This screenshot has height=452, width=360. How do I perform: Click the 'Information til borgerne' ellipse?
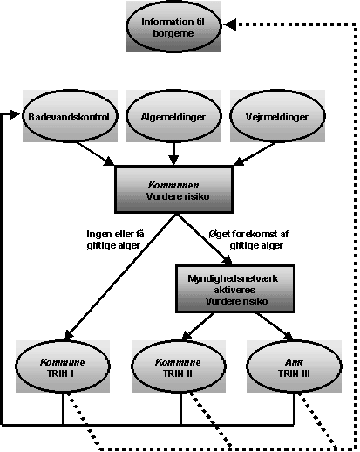pyautogui.click(x=173, y=27)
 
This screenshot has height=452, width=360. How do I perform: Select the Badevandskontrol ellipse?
pyautogui.click(x=70, y=116)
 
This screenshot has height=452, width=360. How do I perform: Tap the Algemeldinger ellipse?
pyautogui.click(x=173, y=116)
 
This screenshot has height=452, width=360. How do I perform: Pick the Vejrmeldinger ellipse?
pyautogui.click(x=277, y=116)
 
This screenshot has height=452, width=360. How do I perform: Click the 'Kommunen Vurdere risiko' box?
pyautogui.click(x=173, y=189)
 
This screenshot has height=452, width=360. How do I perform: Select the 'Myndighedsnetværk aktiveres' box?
pyautogui.click(x=235, y=289)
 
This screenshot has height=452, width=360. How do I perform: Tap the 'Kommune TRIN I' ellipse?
pyautogui.click(x=63, y=366)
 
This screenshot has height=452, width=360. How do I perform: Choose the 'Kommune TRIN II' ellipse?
pyautogui.click(x=179, y=366)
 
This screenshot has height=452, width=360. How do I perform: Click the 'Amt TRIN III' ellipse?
pyautogui.click(x=294, y=366)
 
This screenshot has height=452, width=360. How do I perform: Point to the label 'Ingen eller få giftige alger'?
pyautogui.click(x=115, y=240)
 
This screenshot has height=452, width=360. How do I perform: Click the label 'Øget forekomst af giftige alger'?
pyautogui.click(x=249, y=240)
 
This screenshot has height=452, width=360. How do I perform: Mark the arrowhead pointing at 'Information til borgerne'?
pyautogui.click(x=229, y=24)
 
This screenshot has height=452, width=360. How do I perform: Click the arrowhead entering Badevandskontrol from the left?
pyautogui.click(x=15, y=114)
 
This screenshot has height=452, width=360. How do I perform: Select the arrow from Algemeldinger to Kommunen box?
pyautogui.click(x=173, y=154)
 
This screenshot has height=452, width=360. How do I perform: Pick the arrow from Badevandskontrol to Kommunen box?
pyautogui.click(x=95, y=154)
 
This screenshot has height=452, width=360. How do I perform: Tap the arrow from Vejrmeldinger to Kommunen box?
pyautogui.click(x=255, y=154)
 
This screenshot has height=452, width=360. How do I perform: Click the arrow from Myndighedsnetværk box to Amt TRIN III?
pyautogui.click(x=275, y=326)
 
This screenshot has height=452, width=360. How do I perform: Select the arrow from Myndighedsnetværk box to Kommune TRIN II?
pyautogui.click(x=198, y=326)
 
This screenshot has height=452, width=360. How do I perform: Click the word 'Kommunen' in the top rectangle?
pyautogui.click(x=173, y=185)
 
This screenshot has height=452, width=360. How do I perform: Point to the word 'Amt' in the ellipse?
pyautogui.click(x=294, y=362)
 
